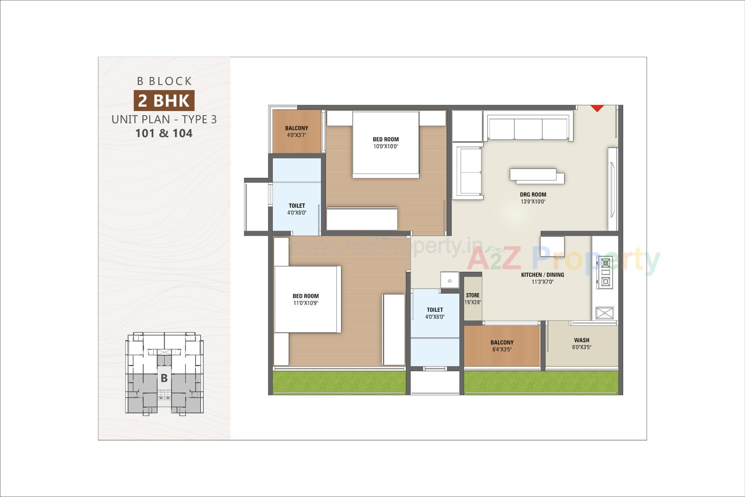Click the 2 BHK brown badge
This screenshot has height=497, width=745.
[164, 101]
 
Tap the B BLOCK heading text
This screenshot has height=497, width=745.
[164, 81]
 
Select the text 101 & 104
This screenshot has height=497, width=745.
[164, 133]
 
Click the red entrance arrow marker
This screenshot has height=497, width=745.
[597, 108]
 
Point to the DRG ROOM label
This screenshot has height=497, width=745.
[533, 195]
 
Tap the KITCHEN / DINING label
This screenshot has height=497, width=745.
[542, 275]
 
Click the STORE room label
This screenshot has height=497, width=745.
[473, 295]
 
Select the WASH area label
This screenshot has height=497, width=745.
[581, 340]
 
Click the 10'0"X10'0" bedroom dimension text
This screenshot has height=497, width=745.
[386, 146]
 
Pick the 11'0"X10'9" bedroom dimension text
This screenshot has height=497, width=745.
[306, 303]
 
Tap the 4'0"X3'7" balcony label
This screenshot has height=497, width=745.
[296, 135]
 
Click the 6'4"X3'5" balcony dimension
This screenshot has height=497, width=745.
[502, 349]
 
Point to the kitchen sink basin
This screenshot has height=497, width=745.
[605, 313]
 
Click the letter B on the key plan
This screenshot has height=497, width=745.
[164, 378]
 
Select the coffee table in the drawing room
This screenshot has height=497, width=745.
[537, 176]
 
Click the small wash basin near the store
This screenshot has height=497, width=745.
[449, 280]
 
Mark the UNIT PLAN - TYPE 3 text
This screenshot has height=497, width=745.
[164, 119]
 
